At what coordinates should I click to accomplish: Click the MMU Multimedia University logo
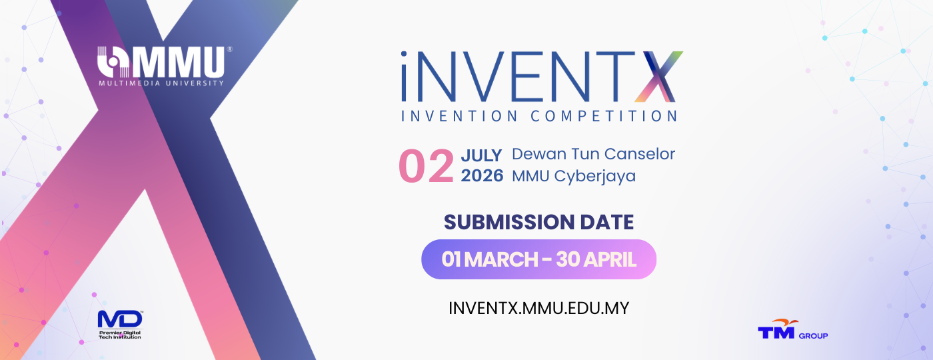pos(164,66)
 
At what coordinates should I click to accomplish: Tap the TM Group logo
pos(792,329)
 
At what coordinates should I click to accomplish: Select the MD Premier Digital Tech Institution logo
pos(120,325)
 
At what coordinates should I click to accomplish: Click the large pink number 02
pos(426,166)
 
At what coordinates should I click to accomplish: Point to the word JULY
pos(481,155)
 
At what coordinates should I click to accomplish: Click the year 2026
pos(482,176)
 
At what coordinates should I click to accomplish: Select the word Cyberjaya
pos(594,177)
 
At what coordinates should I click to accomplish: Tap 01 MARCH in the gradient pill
pos(490,259)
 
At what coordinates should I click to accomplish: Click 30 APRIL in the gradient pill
pos(596,259)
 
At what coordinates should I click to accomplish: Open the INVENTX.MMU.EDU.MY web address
pos(539,308)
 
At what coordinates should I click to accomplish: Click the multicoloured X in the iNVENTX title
pos(658,77)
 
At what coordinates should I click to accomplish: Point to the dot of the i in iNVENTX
pos(404,54)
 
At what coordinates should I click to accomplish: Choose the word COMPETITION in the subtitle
pos(604,116)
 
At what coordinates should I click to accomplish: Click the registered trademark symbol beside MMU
pos(229,49)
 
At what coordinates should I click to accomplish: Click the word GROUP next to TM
pos(814,336)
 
